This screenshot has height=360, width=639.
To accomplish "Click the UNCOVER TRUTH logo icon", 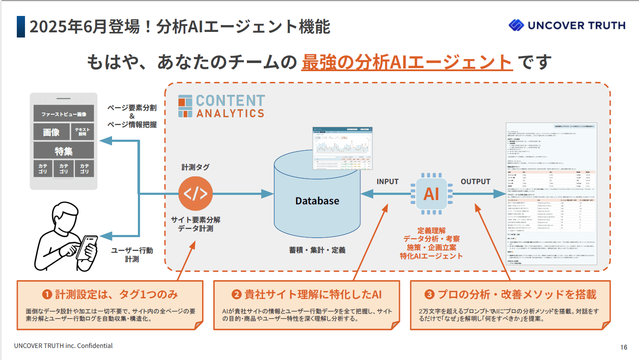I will pyautogui.click(x=516, y=25).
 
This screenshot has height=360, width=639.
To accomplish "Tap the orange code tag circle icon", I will pyautogui.click(x=196, y=194).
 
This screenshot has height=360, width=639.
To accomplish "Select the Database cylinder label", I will pyautogui.click(x=317, y=201).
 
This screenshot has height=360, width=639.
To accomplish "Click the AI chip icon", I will pyautogui.click(x=431, y=194).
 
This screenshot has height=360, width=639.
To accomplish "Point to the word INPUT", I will pyautogui.click(x=387, y=182).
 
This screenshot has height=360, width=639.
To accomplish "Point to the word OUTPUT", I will pyautogui.click(x=475, y=182).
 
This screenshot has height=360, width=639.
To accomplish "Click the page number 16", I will pyautogui.click(x=623, y=347).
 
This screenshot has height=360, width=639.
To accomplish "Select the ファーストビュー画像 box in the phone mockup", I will pyautogui.click(x=64, y=114).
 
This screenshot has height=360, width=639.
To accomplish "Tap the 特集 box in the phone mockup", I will pyautogui.click(x=64, y=151).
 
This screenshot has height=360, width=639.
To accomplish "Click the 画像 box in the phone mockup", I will pyautogui.click(x=51, y=132).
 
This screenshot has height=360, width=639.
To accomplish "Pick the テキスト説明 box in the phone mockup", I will pyautogui.click(x=82, y=132).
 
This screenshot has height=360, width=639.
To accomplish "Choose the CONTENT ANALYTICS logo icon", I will pyautogui.click(x=185, y=106).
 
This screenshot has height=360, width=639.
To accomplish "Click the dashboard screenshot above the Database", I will pyautogui.click(x=342, y=148).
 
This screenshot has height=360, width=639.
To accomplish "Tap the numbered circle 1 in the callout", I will pyautogui.click(x=47, y=294).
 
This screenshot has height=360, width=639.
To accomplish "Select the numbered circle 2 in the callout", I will pyautogui.click(x=236, y=294).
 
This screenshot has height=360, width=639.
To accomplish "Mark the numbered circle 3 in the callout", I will pyautogui.click(x=429, y=294).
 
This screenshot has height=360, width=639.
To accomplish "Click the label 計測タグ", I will pyautogui.click(x=195, y=167).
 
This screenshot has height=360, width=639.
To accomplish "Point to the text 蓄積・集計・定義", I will pyautogui.click(x=317, y=250).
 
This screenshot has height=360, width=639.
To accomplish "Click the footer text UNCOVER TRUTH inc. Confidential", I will pyautogui.click(x=63, y=346).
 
